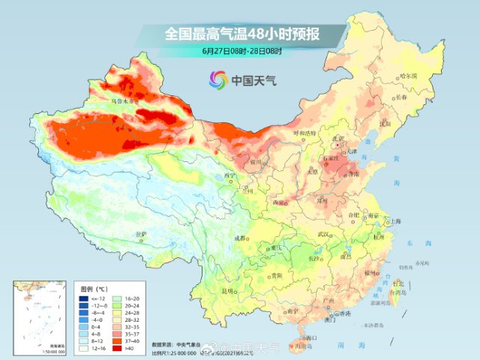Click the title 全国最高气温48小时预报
[x=241, y=34]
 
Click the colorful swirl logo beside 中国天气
[x=217, y=79]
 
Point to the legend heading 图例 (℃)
[x=95, y=287]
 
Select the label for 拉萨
[x=140, y=235]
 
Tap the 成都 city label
[x=239, y=238]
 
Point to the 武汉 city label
[x=324, y=235]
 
